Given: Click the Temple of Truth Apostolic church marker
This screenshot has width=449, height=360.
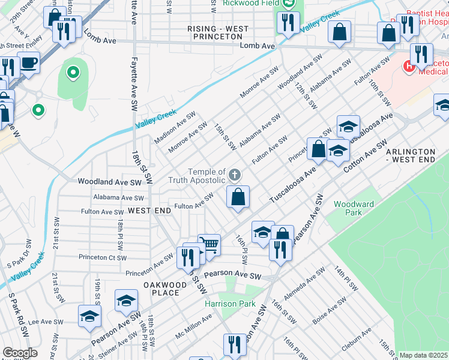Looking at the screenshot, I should coord(235,175).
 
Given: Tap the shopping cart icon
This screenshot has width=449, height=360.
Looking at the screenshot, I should coord(209,244).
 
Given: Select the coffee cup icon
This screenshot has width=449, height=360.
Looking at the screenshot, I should coord(28,62).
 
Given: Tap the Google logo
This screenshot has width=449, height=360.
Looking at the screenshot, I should coord(20,353).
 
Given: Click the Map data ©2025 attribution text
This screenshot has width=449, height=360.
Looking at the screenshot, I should coord(423,356).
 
